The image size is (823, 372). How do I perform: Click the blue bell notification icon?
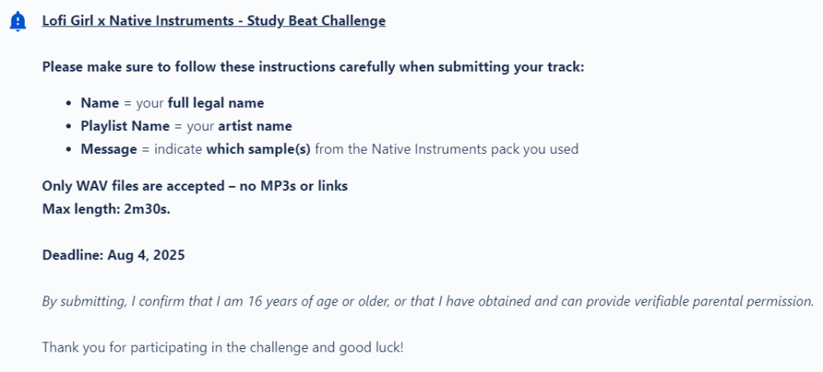tap(18, 21)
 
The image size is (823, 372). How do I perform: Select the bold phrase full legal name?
tap(216, 104)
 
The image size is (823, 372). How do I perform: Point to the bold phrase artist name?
tap(255, 127)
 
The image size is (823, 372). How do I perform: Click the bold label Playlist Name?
tap(125, 127)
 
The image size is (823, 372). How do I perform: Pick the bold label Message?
tap(109, 150)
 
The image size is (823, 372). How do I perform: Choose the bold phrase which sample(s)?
tap(258, 150)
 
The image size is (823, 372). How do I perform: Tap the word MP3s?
tap(275, 186)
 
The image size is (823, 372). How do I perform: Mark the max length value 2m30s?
tap(147, 209)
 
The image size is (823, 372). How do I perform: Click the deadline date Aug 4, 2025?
tap(146, 256)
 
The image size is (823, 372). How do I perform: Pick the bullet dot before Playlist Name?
tap(69, 127)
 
